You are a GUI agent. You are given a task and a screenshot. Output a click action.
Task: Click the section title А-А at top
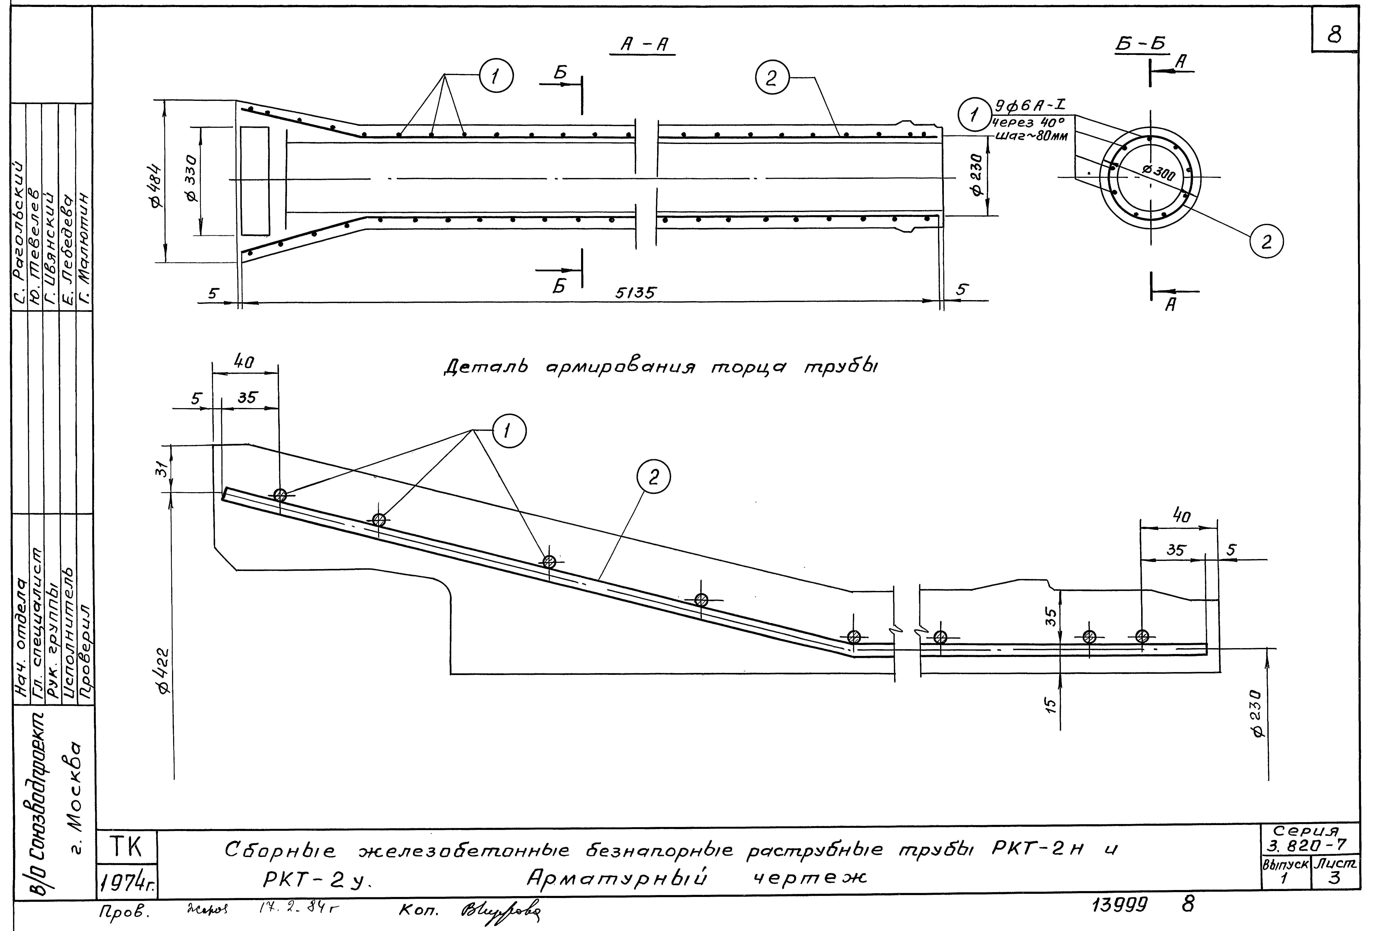[643, 45]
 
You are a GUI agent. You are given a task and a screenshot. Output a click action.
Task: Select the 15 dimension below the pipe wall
[1051, 705]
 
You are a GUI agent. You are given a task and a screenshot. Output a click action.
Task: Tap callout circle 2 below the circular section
[1267, 242]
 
